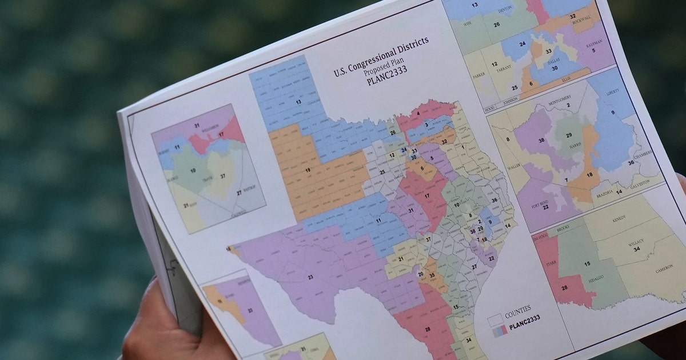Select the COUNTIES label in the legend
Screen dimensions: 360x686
(x=517, y=309)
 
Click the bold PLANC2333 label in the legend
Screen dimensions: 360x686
(x=524, y=318)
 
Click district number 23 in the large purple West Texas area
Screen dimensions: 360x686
(x=310, y=277)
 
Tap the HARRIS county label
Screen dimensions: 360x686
(x=572, y=146)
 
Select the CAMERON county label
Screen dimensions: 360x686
(x=663, y=267)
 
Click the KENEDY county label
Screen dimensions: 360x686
(x=619, y=218)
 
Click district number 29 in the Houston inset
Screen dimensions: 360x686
(x=569, y=135)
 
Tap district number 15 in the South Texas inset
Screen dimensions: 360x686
(x=587, y=263)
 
